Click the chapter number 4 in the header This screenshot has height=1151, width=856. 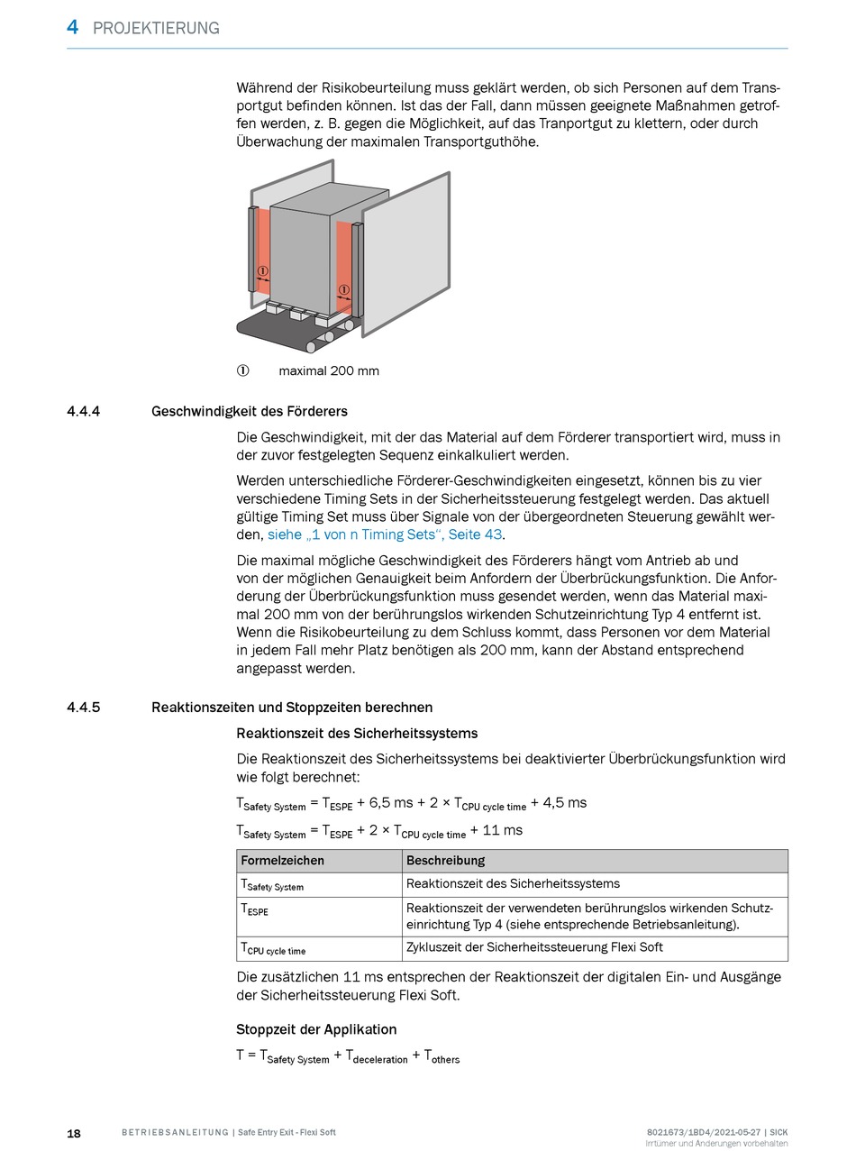(x=72, y=27)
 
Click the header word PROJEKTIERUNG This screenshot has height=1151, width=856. (x=156, y=28)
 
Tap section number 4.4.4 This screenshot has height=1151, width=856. (x=83, y=412)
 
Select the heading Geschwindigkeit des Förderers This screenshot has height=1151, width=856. (x=250, y=412)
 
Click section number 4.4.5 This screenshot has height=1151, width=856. (x=83, y=708)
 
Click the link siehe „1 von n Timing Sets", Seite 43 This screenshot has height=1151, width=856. (x=385, y=534)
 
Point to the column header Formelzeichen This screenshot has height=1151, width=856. (x=282, y=861)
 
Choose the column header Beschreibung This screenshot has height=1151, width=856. (x=445, y=861)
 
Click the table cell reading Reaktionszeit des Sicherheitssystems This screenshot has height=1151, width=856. (x=513, y=884)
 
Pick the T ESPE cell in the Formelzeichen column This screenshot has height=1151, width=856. (x=254, y=910)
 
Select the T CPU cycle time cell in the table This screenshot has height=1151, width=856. (x=273, y=949)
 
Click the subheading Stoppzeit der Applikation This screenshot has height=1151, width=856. (x=316, y=1029)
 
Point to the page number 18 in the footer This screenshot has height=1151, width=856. (x=74, y=1133)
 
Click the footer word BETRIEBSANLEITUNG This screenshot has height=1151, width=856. (x=175, y=1133)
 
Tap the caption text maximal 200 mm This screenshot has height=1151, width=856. (x=329, y=370)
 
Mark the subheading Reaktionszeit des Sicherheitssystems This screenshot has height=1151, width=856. (x=357, y=734)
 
